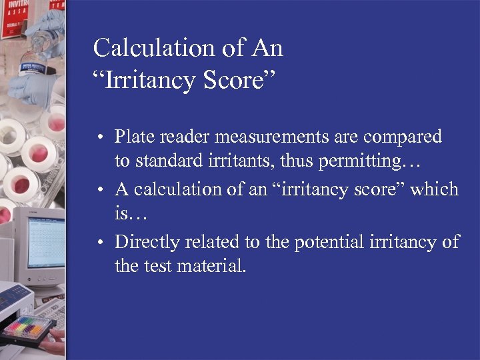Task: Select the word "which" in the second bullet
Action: tap(434, 189)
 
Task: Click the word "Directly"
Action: tap(152, 241)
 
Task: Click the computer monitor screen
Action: tap(46, 243)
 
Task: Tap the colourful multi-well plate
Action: tap(29, 327)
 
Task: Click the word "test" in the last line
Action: tap(159, 267)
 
